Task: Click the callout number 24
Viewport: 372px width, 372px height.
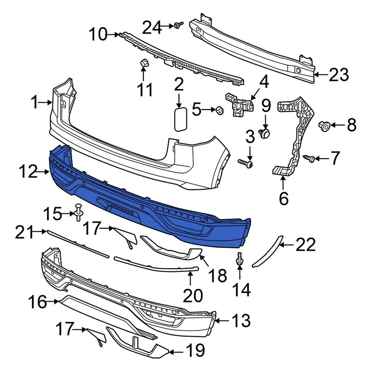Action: click(x=152, y=28)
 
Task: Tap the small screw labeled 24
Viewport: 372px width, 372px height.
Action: click(x=179, y=25)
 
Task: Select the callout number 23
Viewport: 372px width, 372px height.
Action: click(x=339, y=75)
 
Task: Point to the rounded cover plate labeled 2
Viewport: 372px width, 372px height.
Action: click(x=181, y=119)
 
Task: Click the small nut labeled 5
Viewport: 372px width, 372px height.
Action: click(x=220, y=110)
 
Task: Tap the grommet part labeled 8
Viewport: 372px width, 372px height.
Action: click(x=324, y=126)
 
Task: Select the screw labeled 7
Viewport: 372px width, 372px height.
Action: click(x=309, y=158)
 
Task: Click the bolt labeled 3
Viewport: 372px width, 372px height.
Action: click(x=245, y=163)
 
